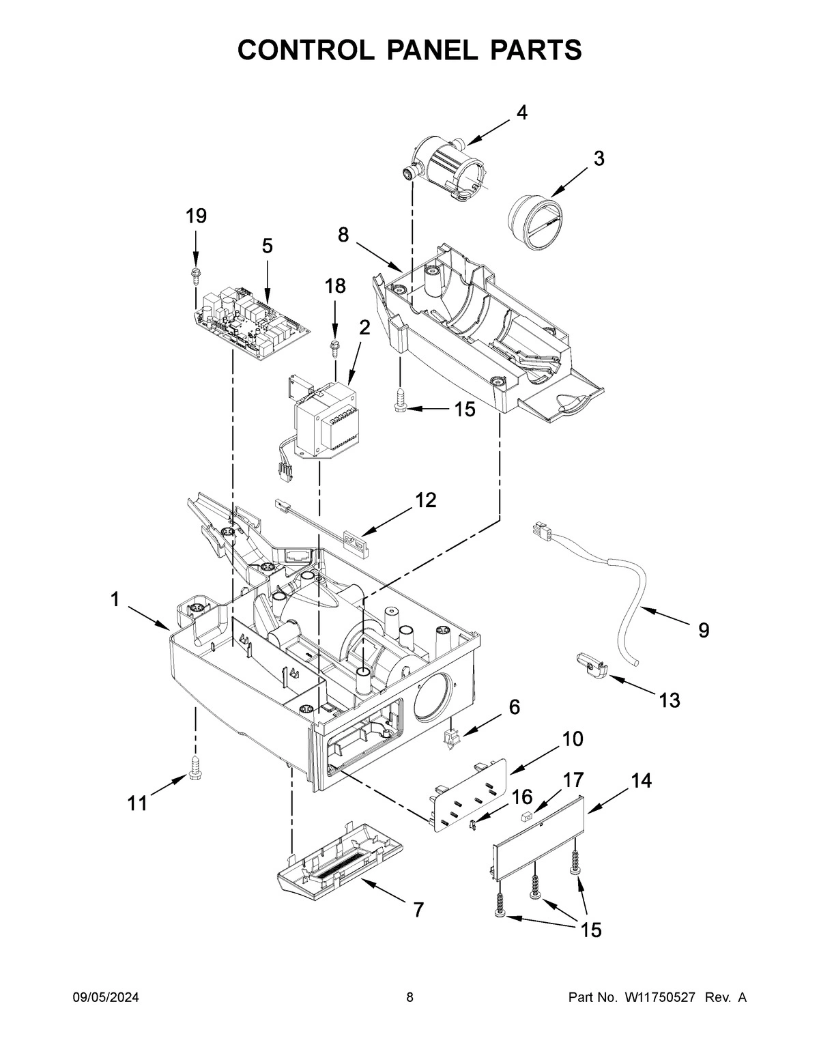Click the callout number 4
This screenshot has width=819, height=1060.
point(521,113)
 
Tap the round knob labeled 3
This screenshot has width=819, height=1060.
point(534,223)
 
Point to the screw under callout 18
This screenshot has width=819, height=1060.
point(334,346)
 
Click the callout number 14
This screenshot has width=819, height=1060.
point(641,781)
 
